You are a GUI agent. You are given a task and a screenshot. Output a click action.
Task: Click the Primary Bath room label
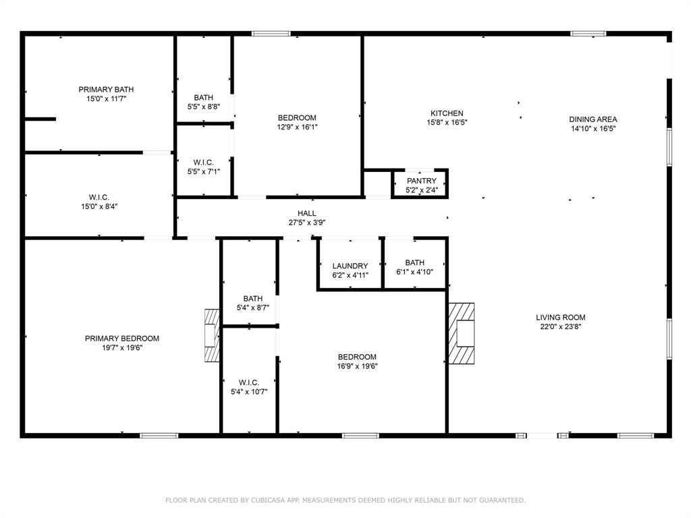tap(106, 89)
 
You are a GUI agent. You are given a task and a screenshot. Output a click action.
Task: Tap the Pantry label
tap(421, 181)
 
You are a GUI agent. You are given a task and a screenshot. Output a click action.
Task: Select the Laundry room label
tap(350, 266)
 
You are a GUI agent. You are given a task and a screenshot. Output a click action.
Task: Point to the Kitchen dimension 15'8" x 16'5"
tap(447, 123)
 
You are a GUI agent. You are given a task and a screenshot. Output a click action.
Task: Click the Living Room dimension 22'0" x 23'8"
tap(560, 326)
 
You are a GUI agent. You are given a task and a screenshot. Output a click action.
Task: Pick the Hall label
tap(307, 213)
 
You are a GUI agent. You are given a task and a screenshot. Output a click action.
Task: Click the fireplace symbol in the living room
tap(462, 333)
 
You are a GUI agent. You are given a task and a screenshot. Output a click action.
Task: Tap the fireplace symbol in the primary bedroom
tap(212, 335)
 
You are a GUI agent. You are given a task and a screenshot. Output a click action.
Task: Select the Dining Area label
tap(593, 119)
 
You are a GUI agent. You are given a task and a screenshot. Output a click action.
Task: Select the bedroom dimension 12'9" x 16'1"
tap(297, 127)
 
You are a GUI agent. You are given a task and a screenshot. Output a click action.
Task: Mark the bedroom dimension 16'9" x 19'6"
tap(357, 366)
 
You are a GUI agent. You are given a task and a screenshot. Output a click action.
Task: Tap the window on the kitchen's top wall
tap(588, 33)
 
